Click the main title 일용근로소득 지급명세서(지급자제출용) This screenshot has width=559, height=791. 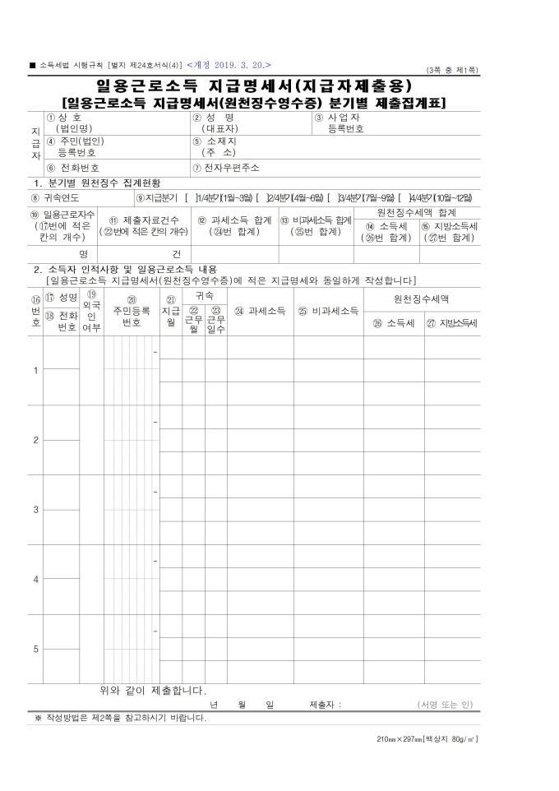pyautogui.click(x=253, y=86)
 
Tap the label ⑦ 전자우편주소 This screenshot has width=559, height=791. pyautogui.click(x=226, y=168)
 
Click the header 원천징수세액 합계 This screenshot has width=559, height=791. pyautogui.click(x=417, y=213)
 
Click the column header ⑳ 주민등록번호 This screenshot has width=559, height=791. pyautogui.click(x=132, y=312)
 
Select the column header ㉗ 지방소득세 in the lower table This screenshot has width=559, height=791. pyautogui.click(x=451, y=323)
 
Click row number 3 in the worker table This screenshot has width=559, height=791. pyautogui.click(x=35, y=510)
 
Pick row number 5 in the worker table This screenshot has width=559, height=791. pyautogui.click(x=35, y=650)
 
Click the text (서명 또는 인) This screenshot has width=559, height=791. pyautogui.click(x=445, y=705)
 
